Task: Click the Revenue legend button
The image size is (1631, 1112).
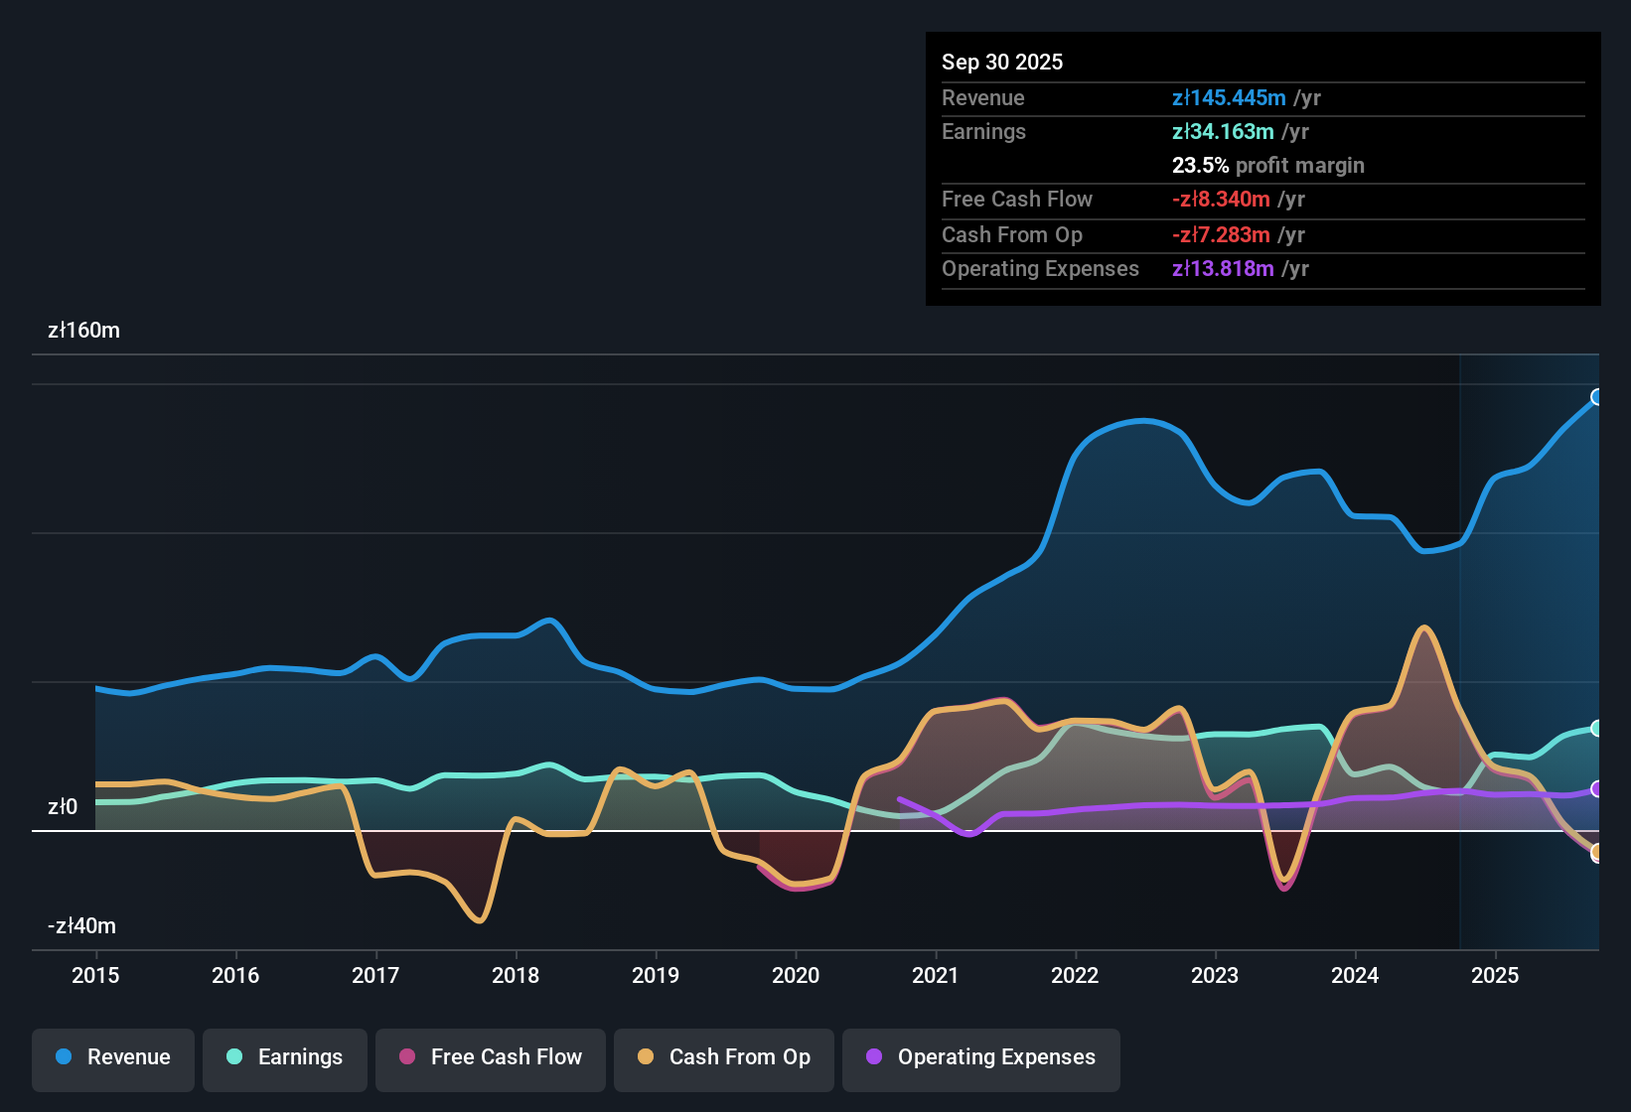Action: (113, 1057)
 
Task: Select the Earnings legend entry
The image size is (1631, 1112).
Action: (285, 1057)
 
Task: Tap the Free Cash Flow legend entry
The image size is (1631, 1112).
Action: (491, 1057)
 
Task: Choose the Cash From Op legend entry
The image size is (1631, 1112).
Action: (724, 1057)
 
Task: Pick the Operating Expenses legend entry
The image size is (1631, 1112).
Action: (981, 1057)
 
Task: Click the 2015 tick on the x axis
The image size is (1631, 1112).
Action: (95, 975)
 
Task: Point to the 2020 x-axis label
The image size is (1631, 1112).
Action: (796, 975)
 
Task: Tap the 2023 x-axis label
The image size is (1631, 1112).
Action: (1215, 975)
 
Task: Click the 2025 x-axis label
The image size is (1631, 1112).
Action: (1495, 975)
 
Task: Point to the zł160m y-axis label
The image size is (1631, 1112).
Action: (83, 331)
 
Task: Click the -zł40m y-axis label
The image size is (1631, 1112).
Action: (81, 926)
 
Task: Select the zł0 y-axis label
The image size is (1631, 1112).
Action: (63, 807)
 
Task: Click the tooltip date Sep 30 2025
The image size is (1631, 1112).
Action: (1002, 62)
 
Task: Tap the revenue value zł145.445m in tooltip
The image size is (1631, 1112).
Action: (1229, 97)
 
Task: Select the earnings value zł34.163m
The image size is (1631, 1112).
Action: (1223, 131)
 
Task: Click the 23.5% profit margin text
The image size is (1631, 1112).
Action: (1267, 165)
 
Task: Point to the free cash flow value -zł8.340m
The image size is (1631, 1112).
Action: (1221, 199)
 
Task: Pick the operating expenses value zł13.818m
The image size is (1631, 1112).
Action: (1223, 268)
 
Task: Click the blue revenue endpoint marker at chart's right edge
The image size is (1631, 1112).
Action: (1597, 397)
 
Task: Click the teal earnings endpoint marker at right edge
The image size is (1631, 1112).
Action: (1597, 728)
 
